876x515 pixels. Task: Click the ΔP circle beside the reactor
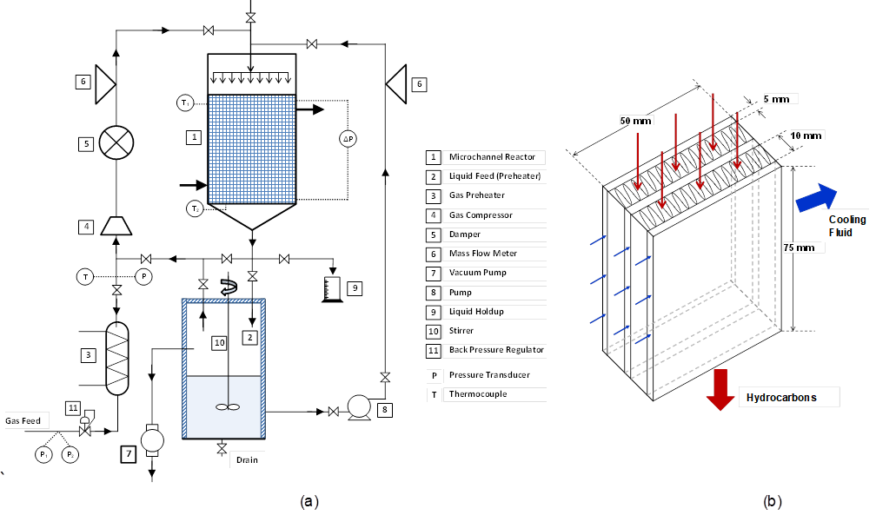(348, 139)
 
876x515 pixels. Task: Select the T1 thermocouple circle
(185, 103)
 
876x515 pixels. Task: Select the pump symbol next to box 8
(357, 407)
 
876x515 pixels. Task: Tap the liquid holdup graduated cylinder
(328, 289)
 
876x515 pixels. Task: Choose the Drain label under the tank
(247, 460)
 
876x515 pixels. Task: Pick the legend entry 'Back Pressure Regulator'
(496, 350)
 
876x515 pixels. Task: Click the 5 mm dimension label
(776, 100)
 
